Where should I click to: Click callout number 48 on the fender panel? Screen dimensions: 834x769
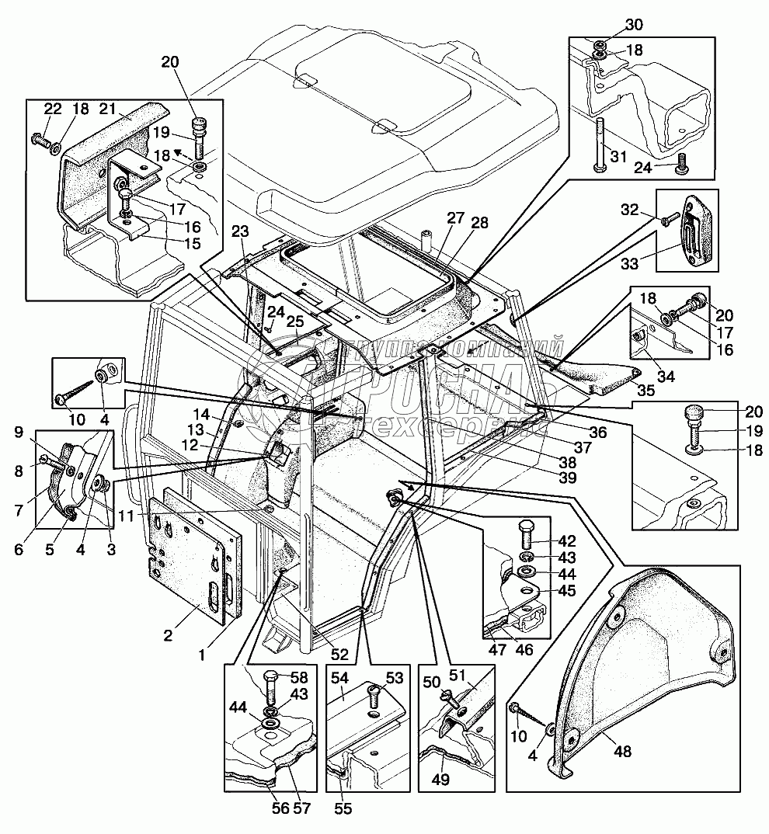(x=624, y=752)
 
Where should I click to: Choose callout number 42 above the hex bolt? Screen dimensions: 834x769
(x=567, y=542)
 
